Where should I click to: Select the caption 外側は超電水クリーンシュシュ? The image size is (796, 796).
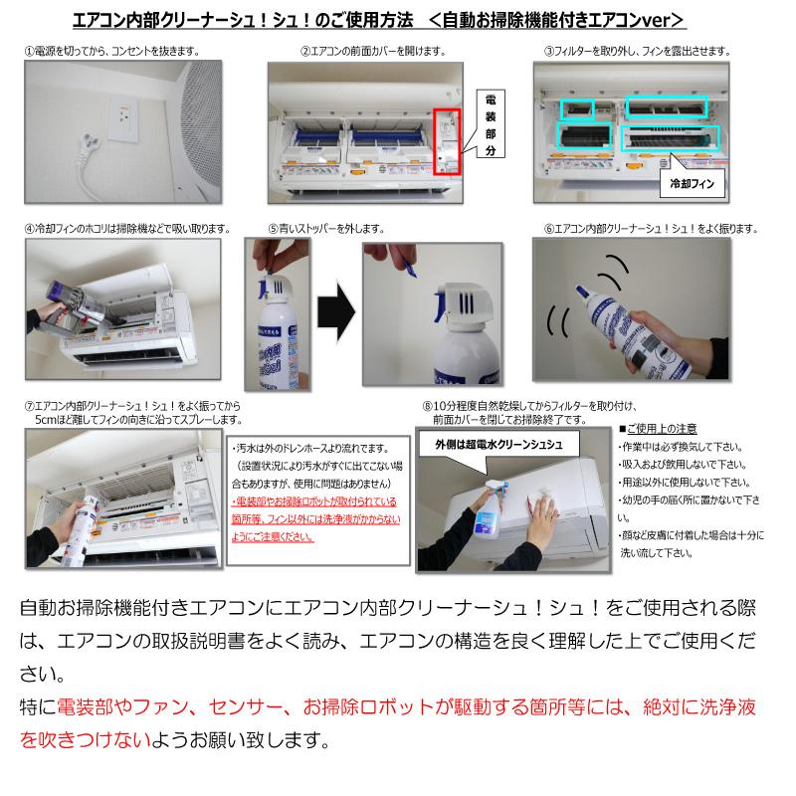point(500,444)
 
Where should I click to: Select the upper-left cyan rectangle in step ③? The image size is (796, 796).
point(577,107)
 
